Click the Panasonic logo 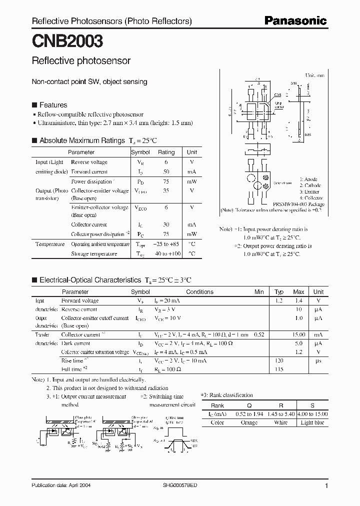pyautogui.click(x=295, y=21)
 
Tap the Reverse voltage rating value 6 pyautogui.click(x=166, y=162)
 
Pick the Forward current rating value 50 pyautogui.click(x=166, y=172)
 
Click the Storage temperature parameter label pyautogui.click(x=94, y=254)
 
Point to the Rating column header pyautogui.click(x=166, y=152)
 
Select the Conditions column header pyautogui.click(x=199, y=291)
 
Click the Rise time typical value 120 pyautogui.click(x=279, y=360)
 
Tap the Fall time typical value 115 pyautogui.click(x=279, y=369)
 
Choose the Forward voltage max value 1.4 pyautogui.click(x=298, y=301)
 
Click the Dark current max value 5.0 pyautogui.click(x=298, y=343)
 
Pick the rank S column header pyautogui.click(x=313, y=405)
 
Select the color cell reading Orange pyautogui.click(x=248, y=423)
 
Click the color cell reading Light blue pyautogui.click(x=313, y=423)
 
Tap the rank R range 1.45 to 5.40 pyautogui.click(x=281, y=414)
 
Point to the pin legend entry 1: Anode pyautogui.click(x=308, y=179)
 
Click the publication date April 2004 pyautogui.click(x=61, y=485)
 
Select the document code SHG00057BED pyautogui.click(x=179, y=485)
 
